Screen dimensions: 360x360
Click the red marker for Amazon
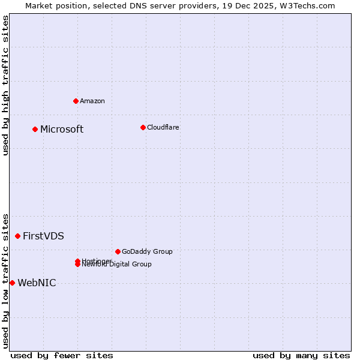pyautogui.click(x=76, y=101)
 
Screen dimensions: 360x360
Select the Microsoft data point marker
pyautogui.click(x=35, y=129)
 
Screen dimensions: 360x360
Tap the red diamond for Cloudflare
pyautogui.click(x=143, y=127)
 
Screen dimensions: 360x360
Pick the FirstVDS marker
pyautogui.click(x=17, y=236)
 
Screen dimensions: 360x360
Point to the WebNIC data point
pyautogui.click(x=12, y=283)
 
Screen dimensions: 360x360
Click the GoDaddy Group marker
pyautogui.click(x=118, y=251)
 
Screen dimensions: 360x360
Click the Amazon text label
pyautogui.click(x=92, y=101)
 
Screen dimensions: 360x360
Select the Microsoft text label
pyautogui.click(x=62, y=130)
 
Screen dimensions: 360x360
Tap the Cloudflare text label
pyautogui.click(x=163, y=127)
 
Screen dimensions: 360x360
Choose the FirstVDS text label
pyautogui.click(x=43, y=236)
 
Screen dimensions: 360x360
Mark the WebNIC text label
pyautogui.click(x=37, y=283)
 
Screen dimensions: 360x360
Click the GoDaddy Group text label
pyautogui.click(x=147, y=251)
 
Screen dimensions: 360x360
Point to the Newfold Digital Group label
pyautogui.click(x=117, y=265)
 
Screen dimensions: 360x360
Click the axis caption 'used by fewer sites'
pyautogui.click(x=62, y=355)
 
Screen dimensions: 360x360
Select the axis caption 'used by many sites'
pyautogui.click(x=301, y=355)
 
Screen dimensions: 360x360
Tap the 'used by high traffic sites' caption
pyautogui.click(x=5, y=85)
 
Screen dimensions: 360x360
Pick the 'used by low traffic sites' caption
pyautogui.click(x=5, y=280)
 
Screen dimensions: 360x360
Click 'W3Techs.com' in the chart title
pyautogui.click(x=307, y=5)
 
